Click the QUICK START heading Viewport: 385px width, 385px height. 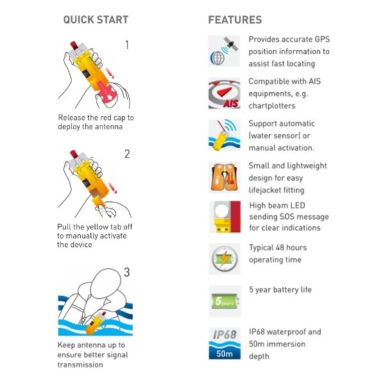(96, 20)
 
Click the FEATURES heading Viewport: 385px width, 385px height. (235, 20)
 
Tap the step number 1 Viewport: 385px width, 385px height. (126, 46)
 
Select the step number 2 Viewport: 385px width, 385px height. (127, 154)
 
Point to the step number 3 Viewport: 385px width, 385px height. (126, 272)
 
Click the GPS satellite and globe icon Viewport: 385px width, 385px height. (224, 51)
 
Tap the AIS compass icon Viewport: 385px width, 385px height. (224, 93)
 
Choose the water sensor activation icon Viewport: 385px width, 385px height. (224, 135)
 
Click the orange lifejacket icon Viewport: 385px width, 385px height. (224, 177)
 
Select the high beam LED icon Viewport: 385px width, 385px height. (224, 217)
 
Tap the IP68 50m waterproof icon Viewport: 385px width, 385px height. (224, 343)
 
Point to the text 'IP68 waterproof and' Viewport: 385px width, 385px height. (285, 332)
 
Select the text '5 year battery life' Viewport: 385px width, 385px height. (280, 289)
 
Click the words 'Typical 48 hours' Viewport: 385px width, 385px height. (278, 248)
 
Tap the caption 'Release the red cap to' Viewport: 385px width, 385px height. (96, 118)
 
